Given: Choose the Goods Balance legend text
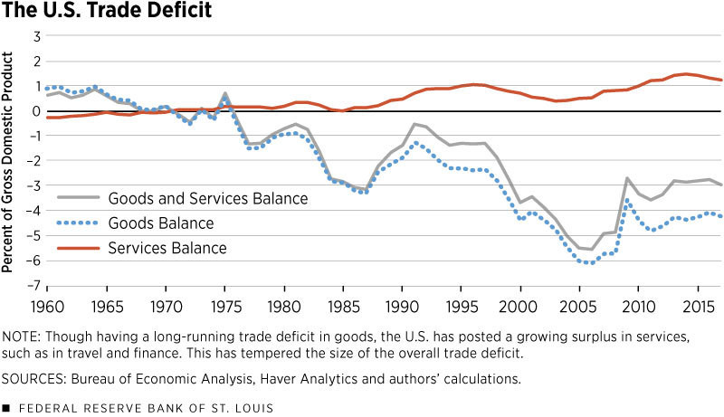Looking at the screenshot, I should click(x=161, y=223).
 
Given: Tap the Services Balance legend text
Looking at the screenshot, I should click(x=167, y=247).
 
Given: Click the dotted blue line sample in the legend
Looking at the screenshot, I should click(x=79, y=223).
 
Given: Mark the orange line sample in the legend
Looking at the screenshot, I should click(x=79, y=247).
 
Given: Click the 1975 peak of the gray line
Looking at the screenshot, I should click(x=224, y=93).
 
